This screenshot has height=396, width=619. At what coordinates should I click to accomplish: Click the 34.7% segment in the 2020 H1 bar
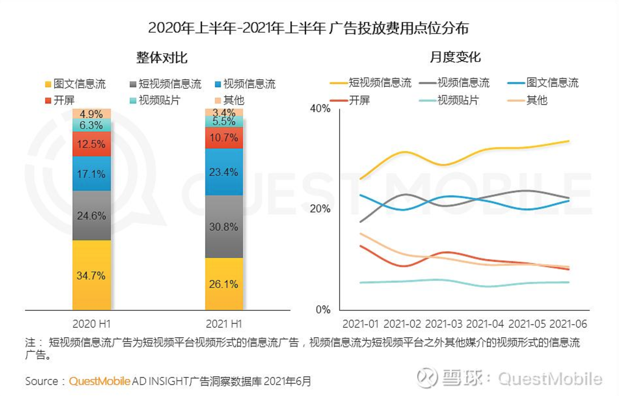click(91, 275)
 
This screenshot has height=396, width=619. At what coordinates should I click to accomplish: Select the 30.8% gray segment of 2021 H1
click(224, 226)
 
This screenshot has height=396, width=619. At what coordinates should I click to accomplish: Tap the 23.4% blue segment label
click(223, 172)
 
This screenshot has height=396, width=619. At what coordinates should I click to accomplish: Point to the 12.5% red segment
click(91, 144)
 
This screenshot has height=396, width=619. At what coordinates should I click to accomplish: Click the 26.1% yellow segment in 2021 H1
click(224, 284)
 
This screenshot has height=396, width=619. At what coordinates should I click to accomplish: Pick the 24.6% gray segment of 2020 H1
click(91, 215)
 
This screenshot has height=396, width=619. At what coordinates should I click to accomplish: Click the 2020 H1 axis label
click(91, 324)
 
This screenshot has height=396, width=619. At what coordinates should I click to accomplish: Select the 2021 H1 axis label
click(224, 324)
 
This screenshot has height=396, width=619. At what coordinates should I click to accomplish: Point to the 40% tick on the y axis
click(320, 108)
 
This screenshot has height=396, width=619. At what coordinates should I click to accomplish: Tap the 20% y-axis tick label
click(320, 209)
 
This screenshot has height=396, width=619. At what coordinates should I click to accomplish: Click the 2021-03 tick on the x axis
click(443, 324)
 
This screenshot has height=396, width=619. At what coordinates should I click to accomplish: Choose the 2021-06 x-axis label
click(568, 324)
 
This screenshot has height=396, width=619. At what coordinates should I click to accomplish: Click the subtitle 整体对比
click(162, 58)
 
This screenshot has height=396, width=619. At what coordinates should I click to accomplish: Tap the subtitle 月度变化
click(455, 57)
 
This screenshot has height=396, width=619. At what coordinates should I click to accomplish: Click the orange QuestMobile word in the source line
click(99, 381)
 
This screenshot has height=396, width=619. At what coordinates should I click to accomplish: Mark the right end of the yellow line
click(569, 141)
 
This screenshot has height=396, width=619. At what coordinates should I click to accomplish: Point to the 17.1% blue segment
click(91, 174)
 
